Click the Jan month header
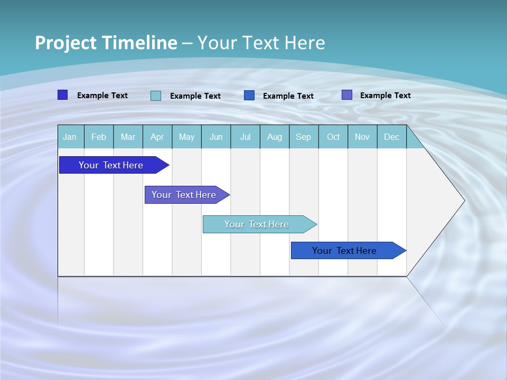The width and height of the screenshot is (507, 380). click(70, 137)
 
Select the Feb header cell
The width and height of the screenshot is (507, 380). click(99, 137)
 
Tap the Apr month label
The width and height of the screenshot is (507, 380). click(157, 137)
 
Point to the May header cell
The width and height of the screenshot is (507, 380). click(186, 137)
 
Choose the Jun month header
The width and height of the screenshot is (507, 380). click(216, 137)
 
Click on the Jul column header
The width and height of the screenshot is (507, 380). click(245, 137)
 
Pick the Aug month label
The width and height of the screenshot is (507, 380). click(274, 137)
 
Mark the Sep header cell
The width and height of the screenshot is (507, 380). click(303, 137)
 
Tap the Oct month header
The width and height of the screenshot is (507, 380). click(333, 137)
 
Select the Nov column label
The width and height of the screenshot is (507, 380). click(362, 137)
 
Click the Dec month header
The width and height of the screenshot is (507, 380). click(391, 137)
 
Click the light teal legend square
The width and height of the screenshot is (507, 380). click(156, 96)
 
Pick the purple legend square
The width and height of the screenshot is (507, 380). click(346, 95)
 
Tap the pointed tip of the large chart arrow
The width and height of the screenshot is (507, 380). click(463, 201)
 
